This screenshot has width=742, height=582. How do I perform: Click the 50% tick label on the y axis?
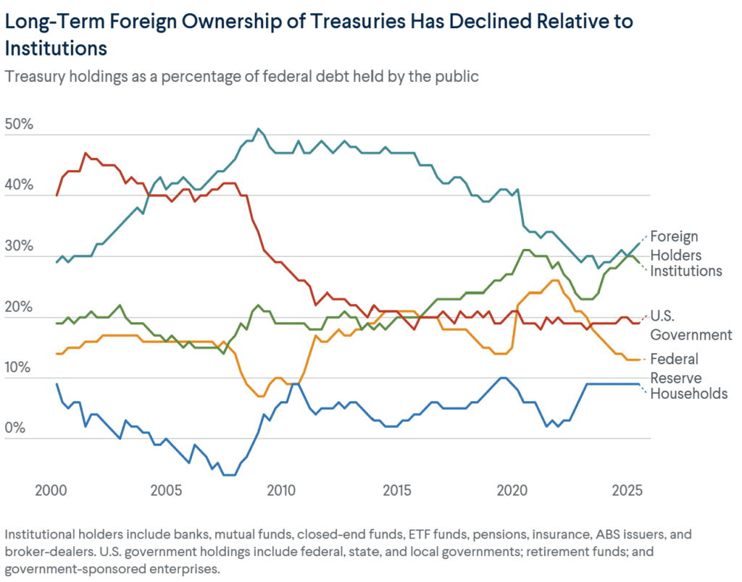pyautogui.click(x=20, y=125)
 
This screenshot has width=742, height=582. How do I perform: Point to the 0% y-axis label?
pyautogui.click(x=16, y=429)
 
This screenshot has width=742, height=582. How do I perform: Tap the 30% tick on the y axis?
pyautogui.click(x=20, y=246)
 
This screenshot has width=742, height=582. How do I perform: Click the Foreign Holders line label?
pyautogui.click(x=674, y=245)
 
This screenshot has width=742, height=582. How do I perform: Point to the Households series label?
pyautogui.click(x=688, y=394)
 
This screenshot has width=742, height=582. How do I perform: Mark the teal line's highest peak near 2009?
pyautogui.click(x=258, y=129)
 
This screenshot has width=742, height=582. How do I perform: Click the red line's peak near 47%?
pyautogui.click(x=86, y=153)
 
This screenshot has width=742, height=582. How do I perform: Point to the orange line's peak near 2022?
pyautogui.click(x=554, y=280)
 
